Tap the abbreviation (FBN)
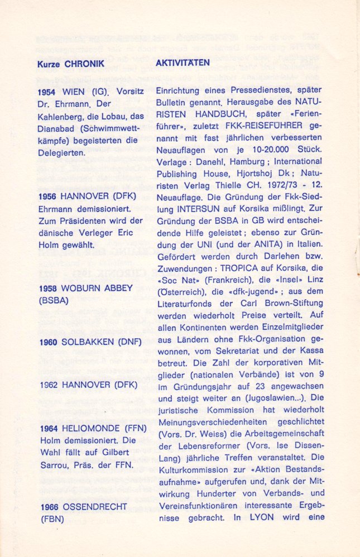[x=50, y=519]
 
